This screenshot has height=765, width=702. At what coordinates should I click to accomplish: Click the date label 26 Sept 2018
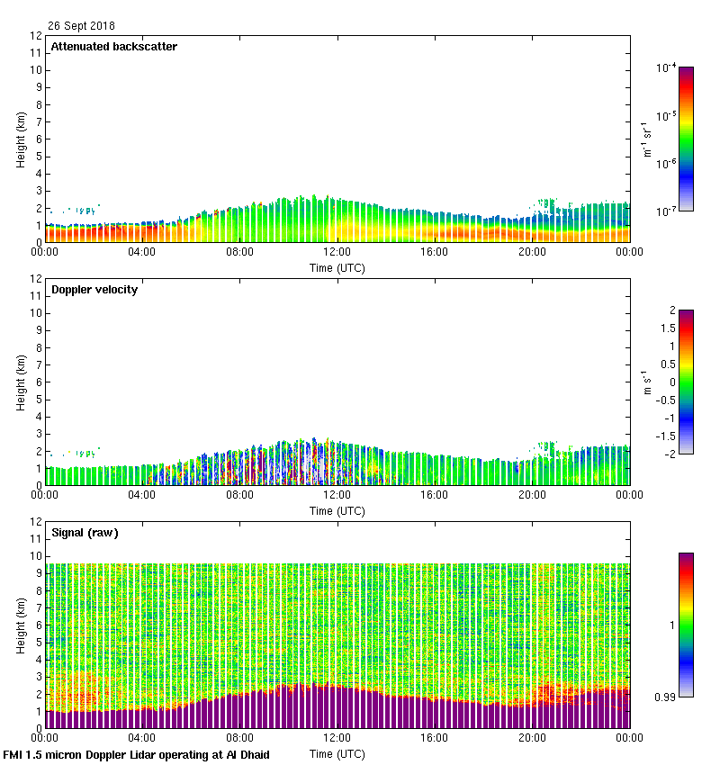[81, 26]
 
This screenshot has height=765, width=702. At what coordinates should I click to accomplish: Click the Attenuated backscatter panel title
[114, 47]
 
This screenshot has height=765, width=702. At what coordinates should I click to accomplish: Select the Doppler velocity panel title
[94, 290]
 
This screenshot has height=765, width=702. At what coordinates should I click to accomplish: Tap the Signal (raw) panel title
[85, 533]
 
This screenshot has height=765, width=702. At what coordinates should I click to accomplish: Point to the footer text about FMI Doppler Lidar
[137, 755]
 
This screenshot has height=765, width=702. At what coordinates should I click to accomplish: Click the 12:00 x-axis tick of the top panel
[337, 252]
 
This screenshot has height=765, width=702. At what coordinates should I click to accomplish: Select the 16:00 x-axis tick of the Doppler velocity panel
[434, 495]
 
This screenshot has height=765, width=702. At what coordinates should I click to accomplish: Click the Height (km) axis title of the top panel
[20, 139]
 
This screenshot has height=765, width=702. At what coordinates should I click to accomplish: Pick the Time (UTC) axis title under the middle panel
[337, 510]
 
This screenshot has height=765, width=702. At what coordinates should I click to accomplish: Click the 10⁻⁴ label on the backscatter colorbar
[667, 67]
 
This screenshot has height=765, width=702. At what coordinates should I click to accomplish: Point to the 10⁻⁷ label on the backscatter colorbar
[667, 211]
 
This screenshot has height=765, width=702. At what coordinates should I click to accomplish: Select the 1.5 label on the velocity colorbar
[666, 328]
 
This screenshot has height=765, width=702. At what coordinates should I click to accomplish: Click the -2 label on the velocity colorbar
[670, 453]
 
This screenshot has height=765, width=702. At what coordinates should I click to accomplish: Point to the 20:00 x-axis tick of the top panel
[532, 252]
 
